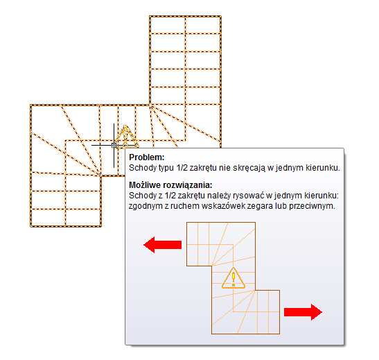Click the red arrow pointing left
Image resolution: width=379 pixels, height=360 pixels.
coord(162,245)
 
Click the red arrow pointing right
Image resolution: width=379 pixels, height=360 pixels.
coord(303,312)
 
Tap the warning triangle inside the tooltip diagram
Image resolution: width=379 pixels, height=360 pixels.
coord(233,278)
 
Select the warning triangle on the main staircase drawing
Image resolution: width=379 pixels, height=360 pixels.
coord(125,137)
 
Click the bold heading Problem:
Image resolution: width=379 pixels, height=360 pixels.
coord(147,157)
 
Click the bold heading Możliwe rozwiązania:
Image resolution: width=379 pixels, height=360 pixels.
coord(170,185)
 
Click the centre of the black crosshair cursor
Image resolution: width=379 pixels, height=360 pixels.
coord(114,146)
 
